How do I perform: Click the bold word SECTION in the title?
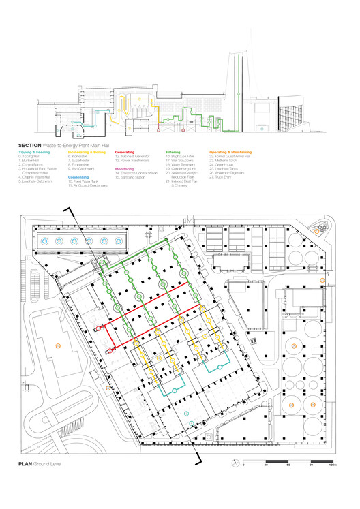(30, 146)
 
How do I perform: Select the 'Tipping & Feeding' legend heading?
(34, 152)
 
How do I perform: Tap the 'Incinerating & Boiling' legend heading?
(87, 152)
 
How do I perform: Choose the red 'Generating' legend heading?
(125, 152)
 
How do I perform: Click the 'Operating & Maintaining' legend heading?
(230, 152)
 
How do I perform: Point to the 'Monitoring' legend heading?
(125, 168)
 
